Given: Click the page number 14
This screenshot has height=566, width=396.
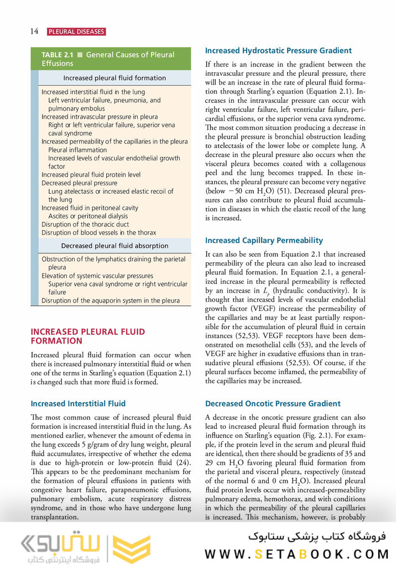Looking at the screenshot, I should tap(34, 32).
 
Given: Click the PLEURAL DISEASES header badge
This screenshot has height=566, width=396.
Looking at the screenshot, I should tap(76, 32).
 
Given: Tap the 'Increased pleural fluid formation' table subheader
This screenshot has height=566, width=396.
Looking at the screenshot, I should tap(114, 78).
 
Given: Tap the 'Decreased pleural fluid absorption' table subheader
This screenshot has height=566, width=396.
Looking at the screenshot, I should tap(114, 246).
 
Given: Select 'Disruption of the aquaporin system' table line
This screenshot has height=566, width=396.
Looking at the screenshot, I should tap(110, 300).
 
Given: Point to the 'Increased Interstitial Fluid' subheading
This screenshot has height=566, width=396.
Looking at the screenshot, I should tap(78, 403).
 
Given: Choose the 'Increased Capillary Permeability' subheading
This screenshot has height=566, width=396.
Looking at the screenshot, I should tap(264, 241).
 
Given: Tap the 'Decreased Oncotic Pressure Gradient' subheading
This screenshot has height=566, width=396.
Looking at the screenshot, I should tap(273, 404).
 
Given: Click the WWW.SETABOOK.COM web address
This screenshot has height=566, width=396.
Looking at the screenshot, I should tap(297, 554).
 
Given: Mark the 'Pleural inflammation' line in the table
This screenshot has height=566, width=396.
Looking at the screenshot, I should tap(77, 150).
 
